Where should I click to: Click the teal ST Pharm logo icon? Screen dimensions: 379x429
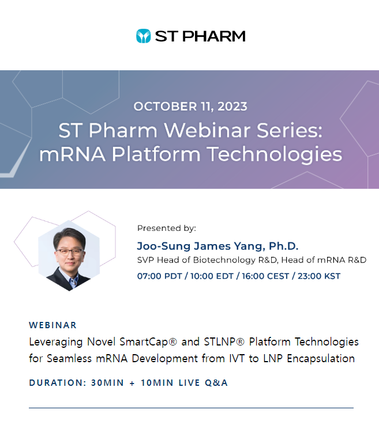[143, 36]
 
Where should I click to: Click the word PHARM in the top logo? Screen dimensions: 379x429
[214, 36]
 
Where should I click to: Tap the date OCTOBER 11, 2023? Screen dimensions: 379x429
[190, 107]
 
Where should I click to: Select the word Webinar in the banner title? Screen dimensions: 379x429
[207, 130]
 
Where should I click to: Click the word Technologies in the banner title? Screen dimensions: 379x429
[275, 154]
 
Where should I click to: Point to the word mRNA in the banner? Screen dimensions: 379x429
[73, 154]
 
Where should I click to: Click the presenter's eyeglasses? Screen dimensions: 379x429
[70, 252]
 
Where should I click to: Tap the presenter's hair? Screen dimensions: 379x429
[69, 236]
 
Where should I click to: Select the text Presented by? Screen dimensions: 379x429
[167, 228]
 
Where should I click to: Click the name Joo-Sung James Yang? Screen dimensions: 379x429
[201, 246]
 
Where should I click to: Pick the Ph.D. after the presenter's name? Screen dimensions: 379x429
[283, 246]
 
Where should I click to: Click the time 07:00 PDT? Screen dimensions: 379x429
[159, 276]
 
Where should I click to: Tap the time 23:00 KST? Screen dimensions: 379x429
[319, 276]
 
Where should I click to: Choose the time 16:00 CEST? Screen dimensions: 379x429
[265, 276]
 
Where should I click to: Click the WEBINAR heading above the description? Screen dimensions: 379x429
[53, 325]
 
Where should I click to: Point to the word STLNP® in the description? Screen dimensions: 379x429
[224, 342]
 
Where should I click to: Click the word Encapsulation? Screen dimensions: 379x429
[321, 358]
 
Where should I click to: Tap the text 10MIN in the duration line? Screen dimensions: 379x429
[157, 383]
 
